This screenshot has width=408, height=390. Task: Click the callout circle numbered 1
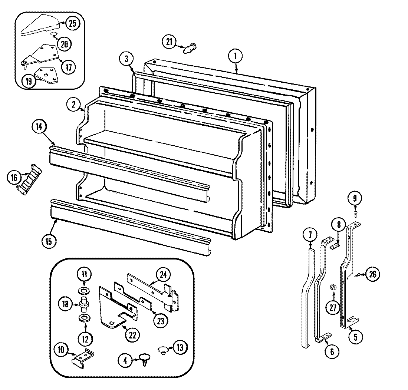click(x=235, y=57)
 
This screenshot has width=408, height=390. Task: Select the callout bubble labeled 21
click(x=170, y=42)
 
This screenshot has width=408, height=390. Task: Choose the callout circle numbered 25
click(x=72, y=23)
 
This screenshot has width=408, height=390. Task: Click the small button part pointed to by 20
click(x=53, y=35)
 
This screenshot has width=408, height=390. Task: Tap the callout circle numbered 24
click(x=164, y=275)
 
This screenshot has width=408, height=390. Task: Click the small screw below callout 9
click(x=355, y=213)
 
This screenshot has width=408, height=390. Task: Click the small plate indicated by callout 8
click(x=335, y=245)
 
